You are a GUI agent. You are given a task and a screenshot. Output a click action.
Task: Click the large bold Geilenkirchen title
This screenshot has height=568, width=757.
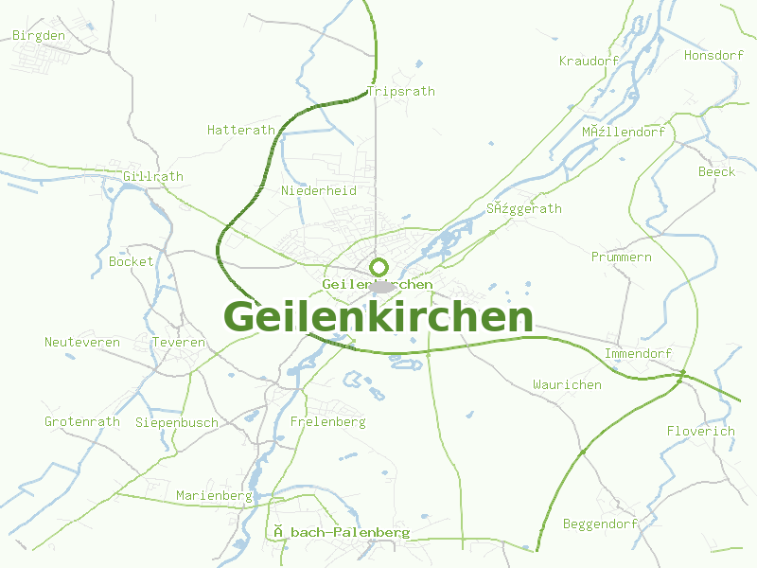coord(378,317)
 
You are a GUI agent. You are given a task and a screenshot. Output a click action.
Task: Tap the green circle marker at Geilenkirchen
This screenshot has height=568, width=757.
coord(379,267)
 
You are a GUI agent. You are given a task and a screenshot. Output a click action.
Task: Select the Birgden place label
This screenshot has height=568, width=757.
coord(39,36)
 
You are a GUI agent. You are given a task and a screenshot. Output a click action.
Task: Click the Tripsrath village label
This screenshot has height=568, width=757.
coord(400,92)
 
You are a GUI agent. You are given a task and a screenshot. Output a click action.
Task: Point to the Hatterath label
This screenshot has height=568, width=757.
coord(241,130)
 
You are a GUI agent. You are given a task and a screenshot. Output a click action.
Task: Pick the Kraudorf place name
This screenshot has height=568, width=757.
coord(589,61)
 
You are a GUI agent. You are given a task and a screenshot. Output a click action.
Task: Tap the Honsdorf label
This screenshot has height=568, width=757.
coord(713,55)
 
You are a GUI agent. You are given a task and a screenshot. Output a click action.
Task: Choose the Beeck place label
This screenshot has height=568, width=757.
coord(716,171)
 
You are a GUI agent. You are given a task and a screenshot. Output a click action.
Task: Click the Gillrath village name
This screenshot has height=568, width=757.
coord(153,177)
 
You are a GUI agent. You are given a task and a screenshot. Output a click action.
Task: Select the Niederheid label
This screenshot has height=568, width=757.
coord(319,190)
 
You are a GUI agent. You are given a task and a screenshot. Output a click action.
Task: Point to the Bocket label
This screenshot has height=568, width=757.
coord(131,261)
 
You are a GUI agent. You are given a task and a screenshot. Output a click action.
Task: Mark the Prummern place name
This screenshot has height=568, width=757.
coord(622,257)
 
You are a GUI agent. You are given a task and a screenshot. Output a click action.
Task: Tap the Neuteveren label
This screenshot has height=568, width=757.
coord(82,342)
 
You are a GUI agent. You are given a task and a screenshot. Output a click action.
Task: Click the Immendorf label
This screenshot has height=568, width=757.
coord(638,353)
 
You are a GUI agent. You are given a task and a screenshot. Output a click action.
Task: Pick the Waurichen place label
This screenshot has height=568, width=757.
coord(567,384)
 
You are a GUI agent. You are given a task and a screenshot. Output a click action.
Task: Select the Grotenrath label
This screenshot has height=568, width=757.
coord(82,421)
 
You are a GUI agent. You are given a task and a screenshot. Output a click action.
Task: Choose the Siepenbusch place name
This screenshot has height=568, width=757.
coord(177,422)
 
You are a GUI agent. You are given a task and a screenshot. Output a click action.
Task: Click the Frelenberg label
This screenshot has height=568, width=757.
coord(328,421)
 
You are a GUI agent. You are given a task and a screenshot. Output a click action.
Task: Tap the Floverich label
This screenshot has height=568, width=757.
coord(700,431)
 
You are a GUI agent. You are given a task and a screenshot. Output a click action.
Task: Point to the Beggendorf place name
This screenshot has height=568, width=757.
coord(600,524)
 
